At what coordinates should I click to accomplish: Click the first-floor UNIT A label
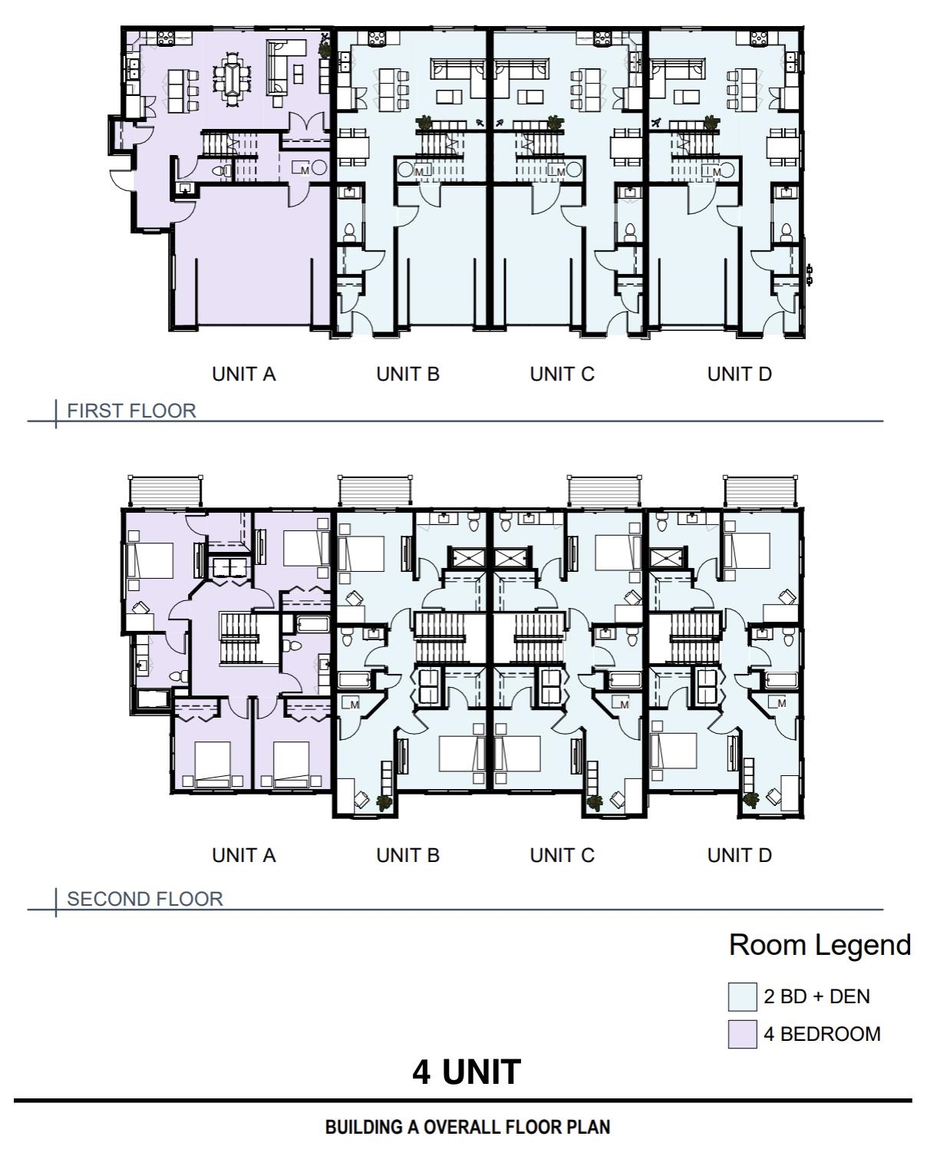(x=244, y=375)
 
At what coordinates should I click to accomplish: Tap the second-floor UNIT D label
(x=740, y=855)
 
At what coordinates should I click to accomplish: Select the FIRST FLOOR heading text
(x=131, y=411)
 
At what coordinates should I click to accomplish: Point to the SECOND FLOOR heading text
(x=145, y=899)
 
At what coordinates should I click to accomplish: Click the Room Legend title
(x=820, y=945)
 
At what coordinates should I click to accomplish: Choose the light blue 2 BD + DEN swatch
(x=742, y=996)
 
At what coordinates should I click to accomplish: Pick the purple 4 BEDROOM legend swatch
(x=742, y=1034)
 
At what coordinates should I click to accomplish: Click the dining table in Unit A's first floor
(x=232, y=78)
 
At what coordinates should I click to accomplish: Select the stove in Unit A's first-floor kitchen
(x=166, y=38)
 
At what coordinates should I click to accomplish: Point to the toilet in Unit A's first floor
(x=221, y=171)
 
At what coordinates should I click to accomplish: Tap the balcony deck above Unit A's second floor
(x=166, y=491)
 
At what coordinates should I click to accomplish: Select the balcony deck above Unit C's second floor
(x=604, y=491)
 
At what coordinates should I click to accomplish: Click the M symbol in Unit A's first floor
(x=305, y=170)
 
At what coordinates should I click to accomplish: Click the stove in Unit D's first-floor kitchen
(x=760, y=38)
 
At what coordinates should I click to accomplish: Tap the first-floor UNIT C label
(x=562, y=375)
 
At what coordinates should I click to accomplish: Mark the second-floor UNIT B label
(x=408, y=855)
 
